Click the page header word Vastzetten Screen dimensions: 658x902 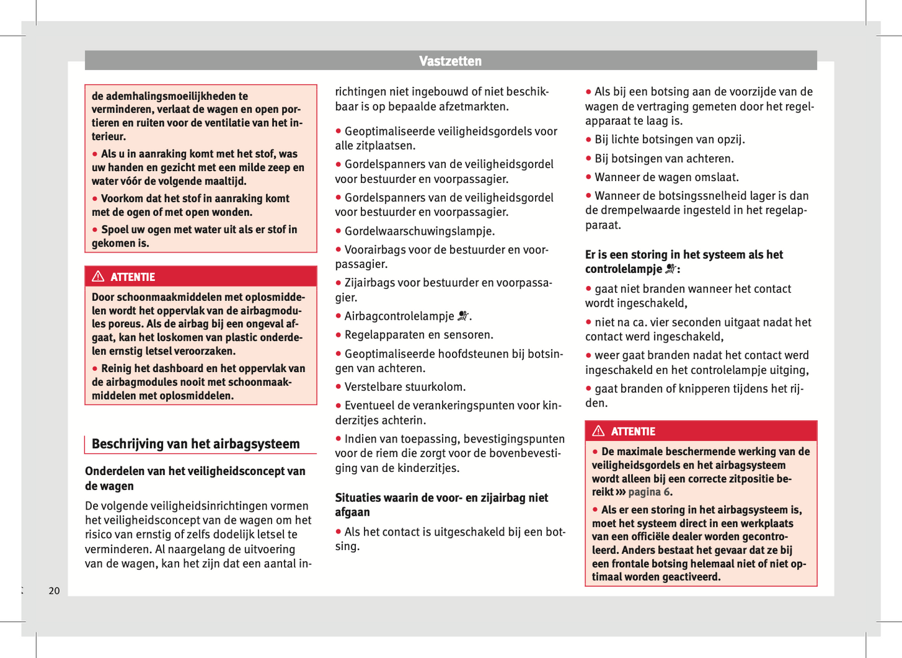[450, 61]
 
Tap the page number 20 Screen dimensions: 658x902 [54, 591]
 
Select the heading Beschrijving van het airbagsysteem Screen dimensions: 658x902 [195, 444]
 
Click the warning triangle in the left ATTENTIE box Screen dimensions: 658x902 [98, 277]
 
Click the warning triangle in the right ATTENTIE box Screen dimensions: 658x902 [599, 431]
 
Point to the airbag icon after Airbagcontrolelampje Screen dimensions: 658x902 [463, 317]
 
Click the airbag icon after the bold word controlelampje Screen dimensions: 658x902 [670, 269]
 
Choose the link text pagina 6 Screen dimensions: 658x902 [649, 492]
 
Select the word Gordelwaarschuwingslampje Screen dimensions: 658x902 [419, 231]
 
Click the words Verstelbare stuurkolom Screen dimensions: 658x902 [405, 387]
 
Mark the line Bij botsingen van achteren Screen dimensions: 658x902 [664, 159]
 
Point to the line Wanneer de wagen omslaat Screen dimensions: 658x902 [667, 177]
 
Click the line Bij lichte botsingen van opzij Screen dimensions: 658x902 [670, 140]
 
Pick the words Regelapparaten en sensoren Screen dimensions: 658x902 [419, 335]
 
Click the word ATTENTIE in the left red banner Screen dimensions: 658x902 [133, 277]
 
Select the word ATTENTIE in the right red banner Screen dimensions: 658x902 [633, 431]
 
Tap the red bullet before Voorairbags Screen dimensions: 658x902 [338, 250]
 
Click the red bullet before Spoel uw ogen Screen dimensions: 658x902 [95, 230]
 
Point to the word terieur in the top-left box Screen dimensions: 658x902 [109, 136]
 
